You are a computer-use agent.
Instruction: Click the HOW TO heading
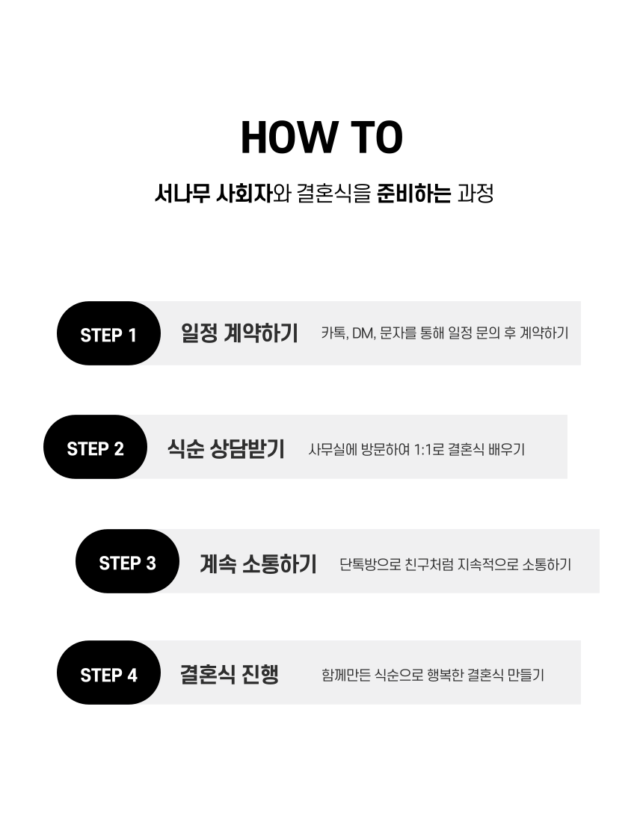coord(321,137)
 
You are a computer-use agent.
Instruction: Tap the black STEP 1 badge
coord(108,333)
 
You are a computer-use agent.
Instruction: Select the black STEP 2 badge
coord(95,447)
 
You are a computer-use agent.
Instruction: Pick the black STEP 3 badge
coord(127,561)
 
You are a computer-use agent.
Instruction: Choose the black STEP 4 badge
coord(108,673)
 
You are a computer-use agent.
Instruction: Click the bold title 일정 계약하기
coord(239,333)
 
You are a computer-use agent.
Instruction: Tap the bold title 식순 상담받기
coord(226,449)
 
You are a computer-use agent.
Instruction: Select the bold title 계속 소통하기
coord(258,563)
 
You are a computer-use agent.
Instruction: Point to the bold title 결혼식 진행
coord(230,674)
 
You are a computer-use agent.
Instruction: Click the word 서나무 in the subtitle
coord(182,194)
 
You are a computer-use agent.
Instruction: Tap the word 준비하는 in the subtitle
coord(413,194)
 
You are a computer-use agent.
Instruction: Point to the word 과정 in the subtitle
coord(476,194)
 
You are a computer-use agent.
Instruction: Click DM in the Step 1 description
coord(363,333)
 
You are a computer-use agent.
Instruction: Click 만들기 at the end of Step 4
coord(526,675)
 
